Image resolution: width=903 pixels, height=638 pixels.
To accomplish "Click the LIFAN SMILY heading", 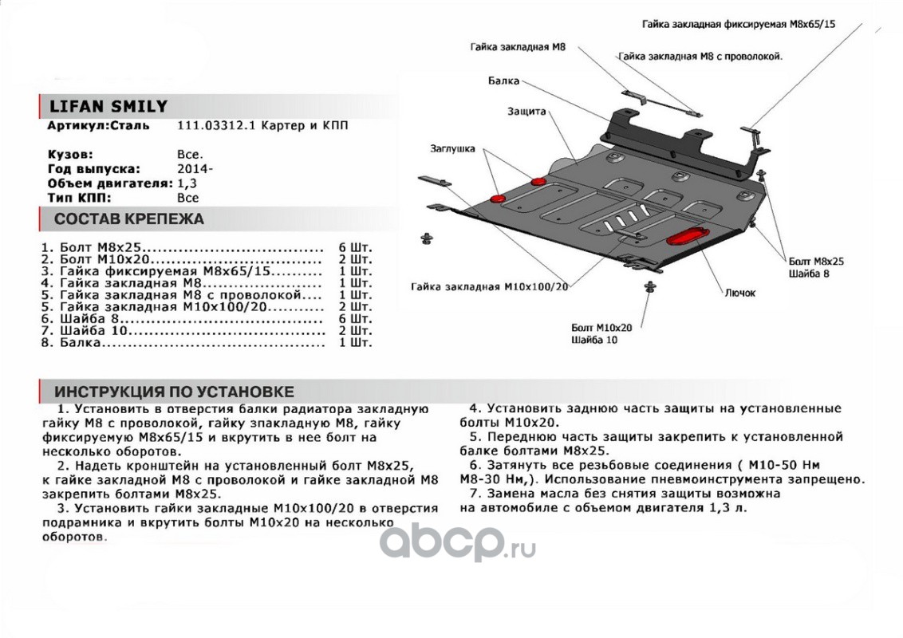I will pos(103,107).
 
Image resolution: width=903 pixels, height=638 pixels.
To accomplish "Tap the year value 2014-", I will pos(195,169).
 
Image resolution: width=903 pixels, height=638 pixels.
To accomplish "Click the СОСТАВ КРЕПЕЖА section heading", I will pos(128,219).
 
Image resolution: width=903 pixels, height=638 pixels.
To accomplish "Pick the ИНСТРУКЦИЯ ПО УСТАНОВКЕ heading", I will pos(174,392).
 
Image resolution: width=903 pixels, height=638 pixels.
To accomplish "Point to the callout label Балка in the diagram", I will pos(503,81).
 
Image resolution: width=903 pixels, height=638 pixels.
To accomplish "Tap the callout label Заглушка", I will pos(452,148).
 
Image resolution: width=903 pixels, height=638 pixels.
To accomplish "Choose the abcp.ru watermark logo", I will pos(456,545).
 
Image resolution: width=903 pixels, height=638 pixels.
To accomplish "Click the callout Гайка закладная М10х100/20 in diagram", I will pos(491,287).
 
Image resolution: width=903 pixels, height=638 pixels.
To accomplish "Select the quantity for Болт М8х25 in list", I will pos(354,248).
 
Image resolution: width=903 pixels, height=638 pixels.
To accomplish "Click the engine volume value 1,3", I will pos(185,183).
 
